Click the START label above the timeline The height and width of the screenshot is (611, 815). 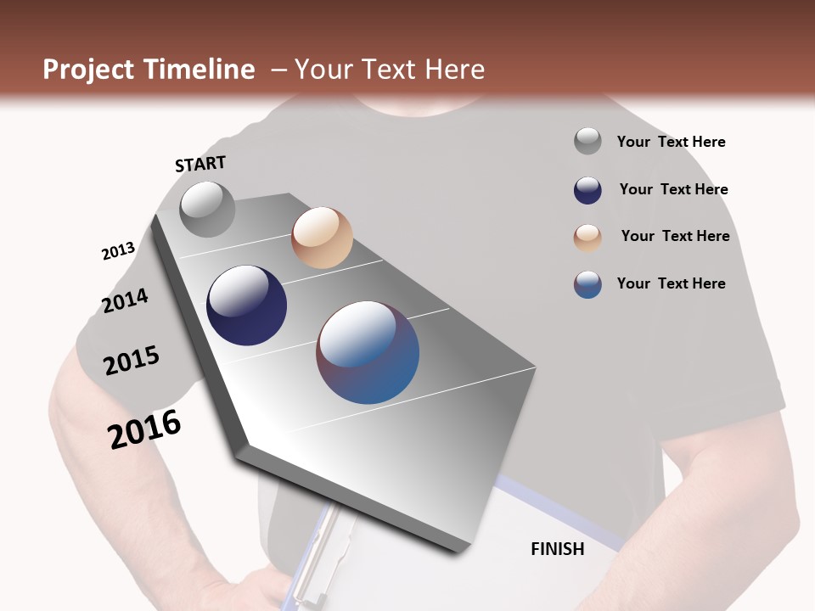[200, 164]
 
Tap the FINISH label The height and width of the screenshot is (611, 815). [558, 549]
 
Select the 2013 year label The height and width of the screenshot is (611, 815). [118, 251]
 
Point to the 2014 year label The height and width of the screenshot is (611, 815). [126, 300]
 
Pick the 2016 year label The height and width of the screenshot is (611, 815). [144, 429]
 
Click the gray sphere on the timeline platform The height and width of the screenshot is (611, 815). [207, 210]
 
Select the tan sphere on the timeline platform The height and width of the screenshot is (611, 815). [322, 238]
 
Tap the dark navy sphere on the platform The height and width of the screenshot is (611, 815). [247, 305]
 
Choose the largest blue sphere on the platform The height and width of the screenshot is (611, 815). [368, 352]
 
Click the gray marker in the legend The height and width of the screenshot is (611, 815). [587, 142]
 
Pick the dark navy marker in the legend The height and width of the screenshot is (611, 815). [587, 190]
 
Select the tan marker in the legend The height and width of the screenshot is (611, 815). [587, 238]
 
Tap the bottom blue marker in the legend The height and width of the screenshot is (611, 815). [587, 284]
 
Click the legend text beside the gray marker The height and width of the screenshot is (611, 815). [671, 143]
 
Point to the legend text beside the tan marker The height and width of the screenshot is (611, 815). [675, 236]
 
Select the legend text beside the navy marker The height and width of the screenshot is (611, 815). [673, 189]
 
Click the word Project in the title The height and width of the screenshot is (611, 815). [89, 70]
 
